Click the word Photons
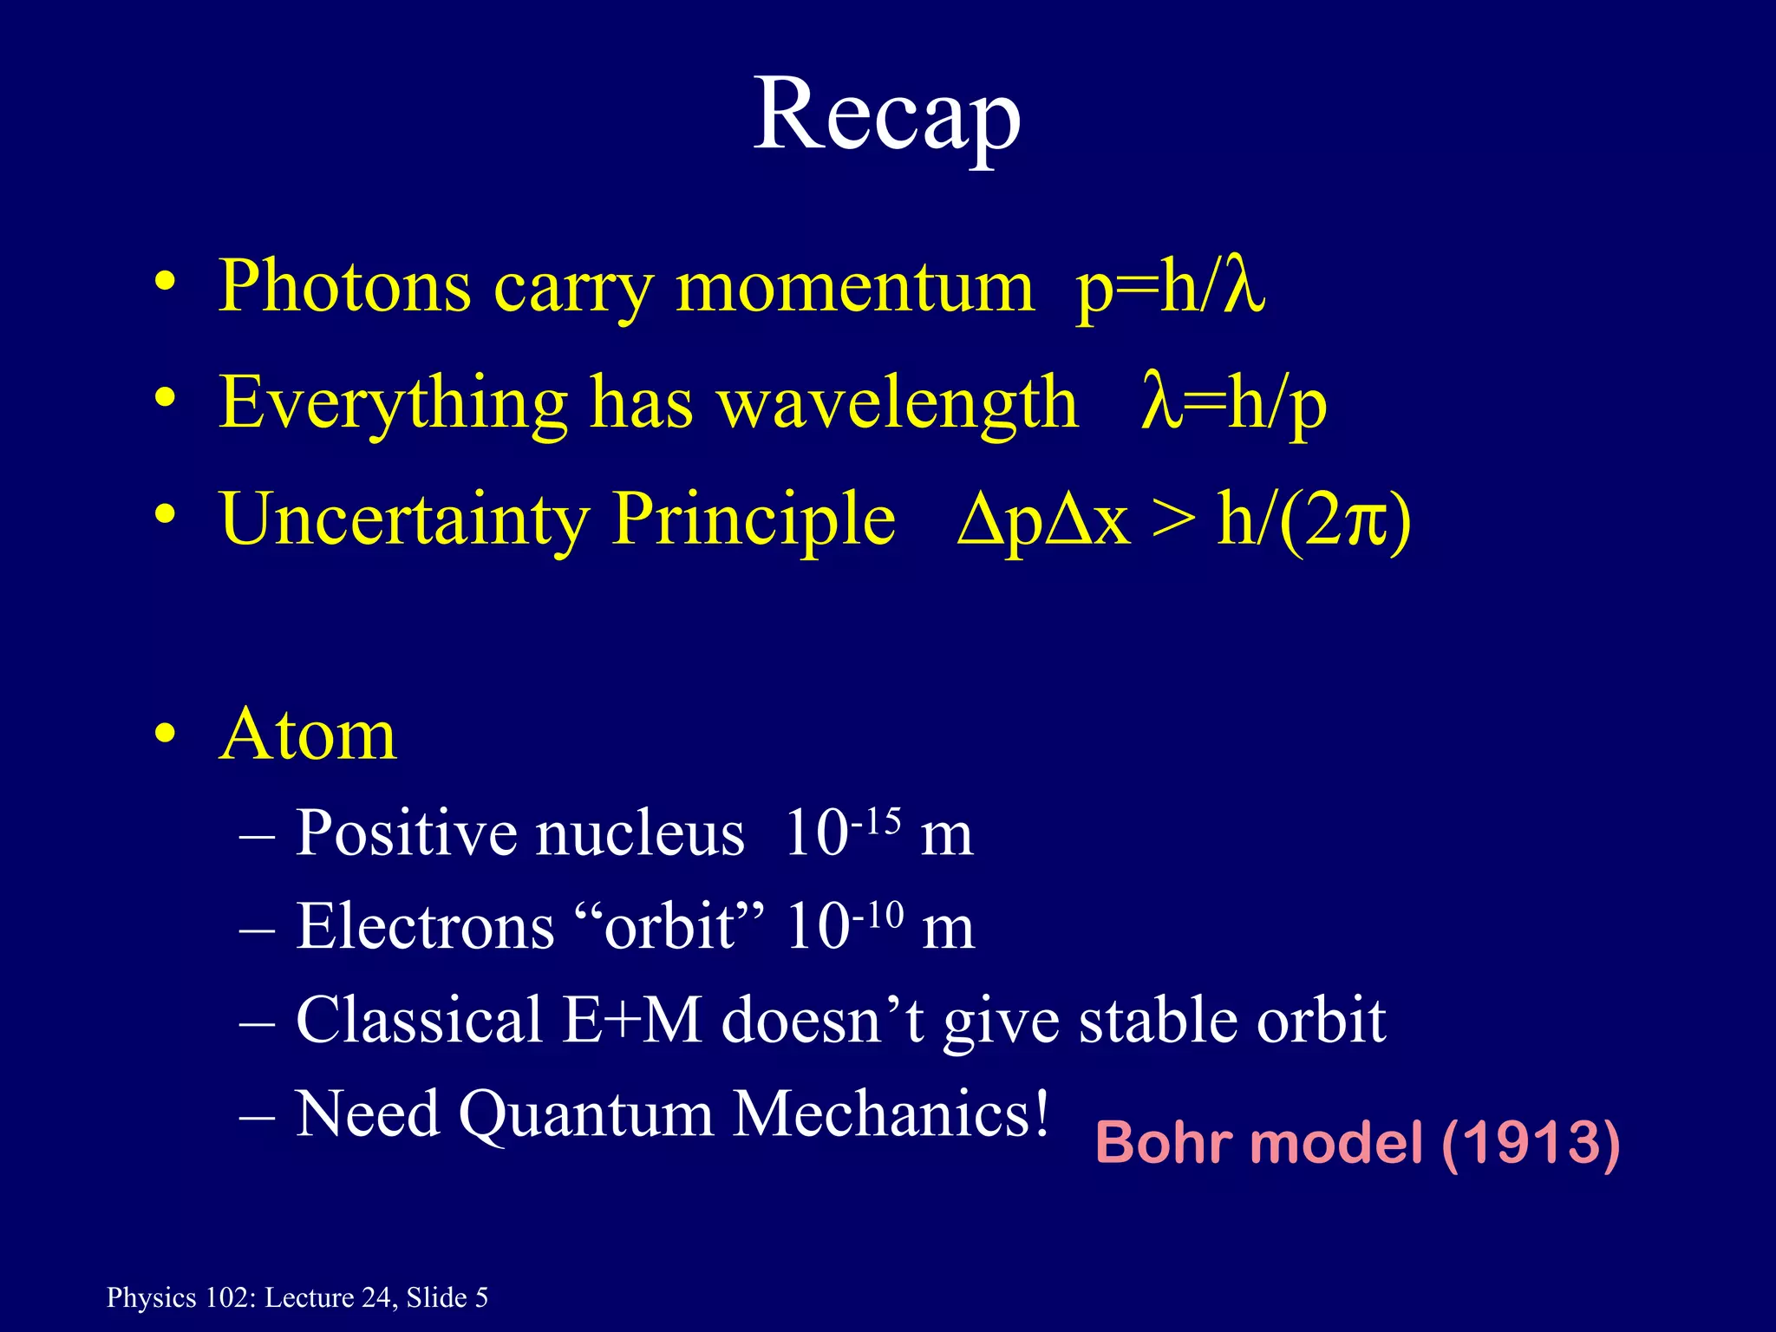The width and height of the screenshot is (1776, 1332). tap(344, 286)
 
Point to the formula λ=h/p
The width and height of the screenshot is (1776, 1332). tap(1233, 403)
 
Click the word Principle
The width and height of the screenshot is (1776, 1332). tap(754, 520)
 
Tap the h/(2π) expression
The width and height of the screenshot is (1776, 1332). tap(1314, 520)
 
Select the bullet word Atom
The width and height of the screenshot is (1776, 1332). tap(308, 735)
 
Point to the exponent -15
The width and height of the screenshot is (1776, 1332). tap(877, 819)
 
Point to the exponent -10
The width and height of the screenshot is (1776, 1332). tap(878, 914)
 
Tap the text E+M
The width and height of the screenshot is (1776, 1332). tap(631, 1020)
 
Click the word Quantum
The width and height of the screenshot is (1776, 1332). tap(585, 1114)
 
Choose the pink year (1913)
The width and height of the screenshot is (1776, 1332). tap(1530, 1144)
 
